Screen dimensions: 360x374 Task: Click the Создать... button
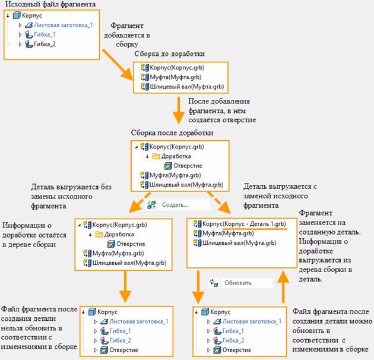click(x=176, y=204)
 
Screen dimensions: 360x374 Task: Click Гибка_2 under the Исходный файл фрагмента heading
click(x=44, y=45)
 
